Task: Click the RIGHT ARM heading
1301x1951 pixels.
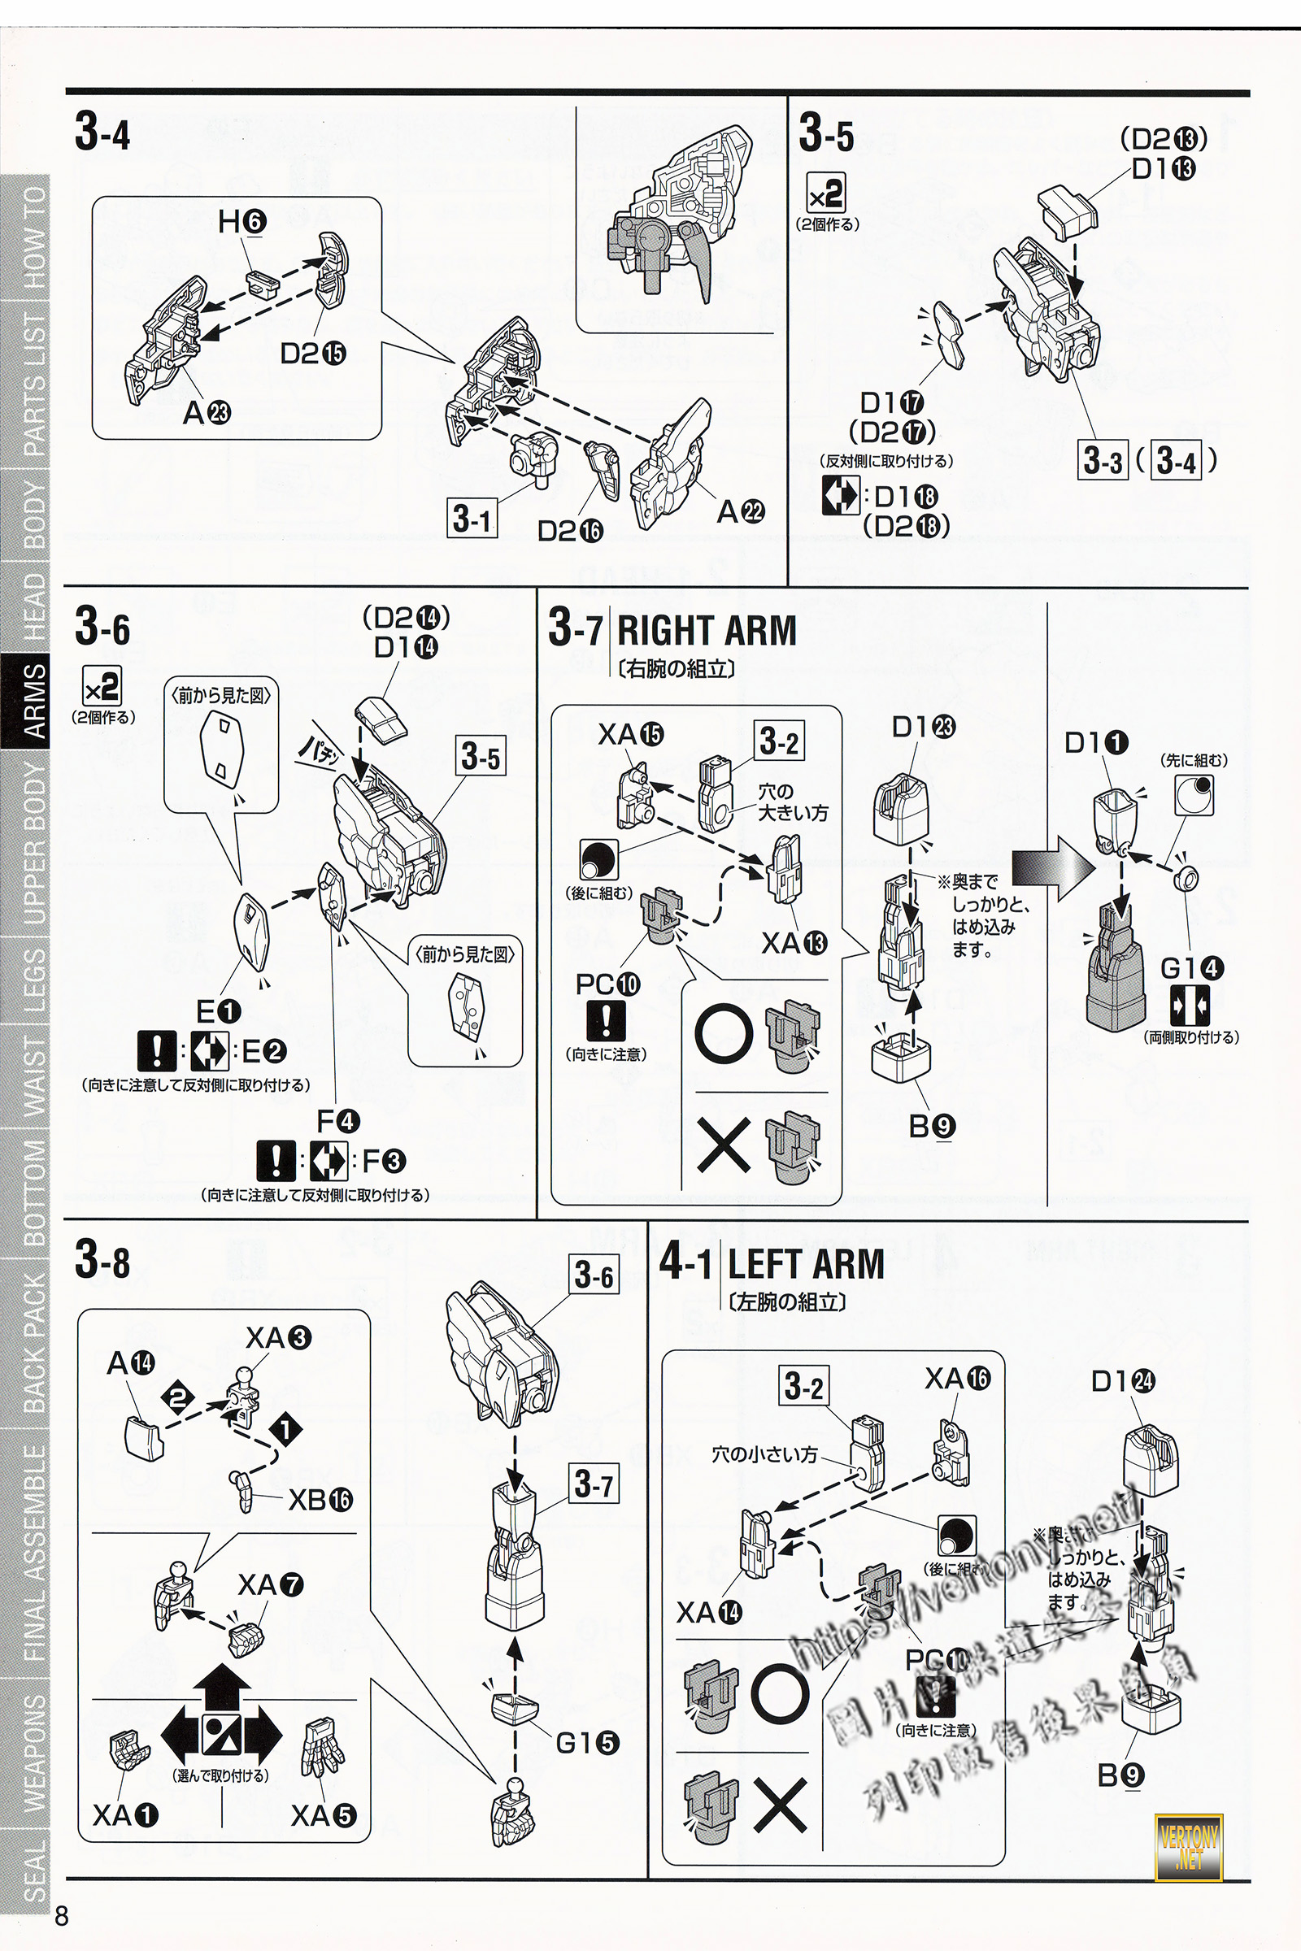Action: coord(706,631)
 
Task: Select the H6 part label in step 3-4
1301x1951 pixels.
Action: coord(241,221)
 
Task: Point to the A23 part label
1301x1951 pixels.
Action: coord(207,411)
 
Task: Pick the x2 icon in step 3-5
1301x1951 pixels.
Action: coord(826,193)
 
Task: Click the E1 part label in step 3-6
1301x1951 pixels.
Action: coord(218,1011)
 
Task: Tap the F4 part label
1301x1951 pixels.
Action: coord(337,1122)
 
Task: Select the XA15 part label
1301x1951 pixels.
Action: coord(631,734)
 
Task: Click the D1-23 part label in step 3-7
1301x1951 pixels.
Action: coord(923,728)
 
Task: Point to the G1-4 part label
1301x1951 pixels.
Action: coord(1190,968)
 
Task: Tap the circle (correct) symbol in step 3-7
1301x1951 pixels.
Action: coord(724,1034)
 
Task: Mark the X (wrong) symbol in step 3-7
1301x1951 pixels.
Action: coord(724,1145)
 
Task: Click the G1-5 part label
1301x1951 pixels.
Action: coord(587,1744)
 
